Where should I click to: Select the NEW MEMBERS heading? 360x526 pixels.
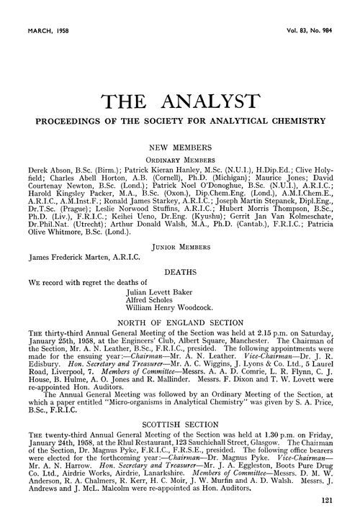pyautogui.click(x=180, y=145)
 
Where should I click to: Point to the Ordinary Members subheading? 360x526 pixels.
pyautogui.click(x=180, y=158)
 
